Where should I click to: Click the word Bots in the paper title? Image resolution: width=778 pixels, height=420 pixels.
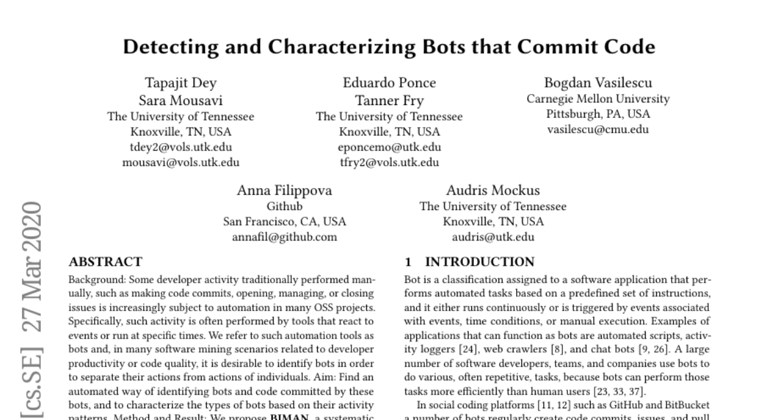click(x=449, y=47)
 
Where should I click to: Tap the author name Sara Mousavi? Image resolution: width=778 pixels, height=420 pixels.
click(x=180, y=100)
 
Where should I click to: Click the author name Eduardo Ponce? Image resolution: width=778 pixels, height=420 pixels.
click(x=389, y=83)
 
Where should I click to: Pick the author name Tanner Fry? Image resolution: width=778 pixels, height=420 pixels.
click(x=389, y=100)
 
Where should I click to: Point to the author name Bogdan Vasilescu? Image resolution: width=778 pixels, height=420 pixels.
click(x=598, y=83)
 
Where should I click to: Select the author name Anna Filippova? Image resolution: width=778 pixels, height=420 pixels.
click(x=285, y=191)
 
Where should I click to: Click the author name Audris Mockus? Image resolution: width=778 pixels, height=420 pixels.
click(x=493, y=191)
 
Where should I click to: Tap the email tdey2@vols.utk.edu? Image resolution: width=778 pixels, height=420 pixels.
click(x=180, y=147)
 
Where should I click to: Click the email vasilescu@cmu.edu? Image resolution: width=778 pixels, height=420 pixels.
click(x=598, y=130)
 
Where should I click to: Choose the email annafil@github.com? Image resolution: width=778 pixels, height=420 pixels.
click(x=285, y=237)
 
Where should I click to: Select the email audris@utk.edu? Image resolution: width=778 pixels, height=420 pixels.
click(x=493, y=237)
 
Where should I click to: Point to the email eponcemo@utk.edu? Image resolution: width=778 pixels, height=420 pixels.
click(x=389, y=147)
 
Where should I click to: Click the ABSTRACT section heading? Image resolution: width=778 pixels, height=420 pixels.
click(x=105, y=262)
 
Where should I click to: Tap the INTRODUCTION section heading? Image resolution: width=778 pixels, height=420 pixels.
click(x=479, y=262)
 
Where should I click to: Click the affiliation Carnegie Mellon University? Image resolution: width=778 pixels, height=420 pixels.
click(x=598, y=99)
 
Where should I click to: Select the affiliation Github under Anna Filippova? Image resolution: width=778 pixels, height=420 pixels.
click(x=285, y=207)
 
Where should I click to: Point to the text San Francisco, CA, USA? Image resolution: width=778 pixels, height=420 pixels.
click(x=285, y=222)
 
